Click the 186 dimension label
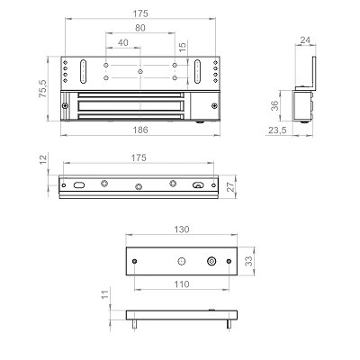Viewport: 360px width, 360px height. [x=140, y=130]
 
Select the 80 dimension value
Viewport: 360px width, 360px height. [x=140, y=28]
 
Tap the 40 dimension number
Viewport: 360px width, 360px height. [x=123, y=42]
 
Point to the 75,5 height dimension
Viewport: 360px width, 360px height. [x=43, y=88]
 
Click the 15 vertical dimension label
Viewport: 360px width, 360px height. [x=183, y=47]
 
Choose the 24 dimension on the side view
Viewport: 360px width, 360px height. [x=305, y=40]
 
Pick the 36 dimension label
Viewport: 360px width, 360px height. [x=274, y=105]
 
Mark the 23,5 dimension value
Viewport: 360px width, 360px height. [x=277, y=130]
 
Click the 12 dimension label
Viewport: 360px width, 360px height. [x=43, y=159]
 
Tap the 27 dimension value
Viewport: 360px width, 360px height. [x=230, y=186]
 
